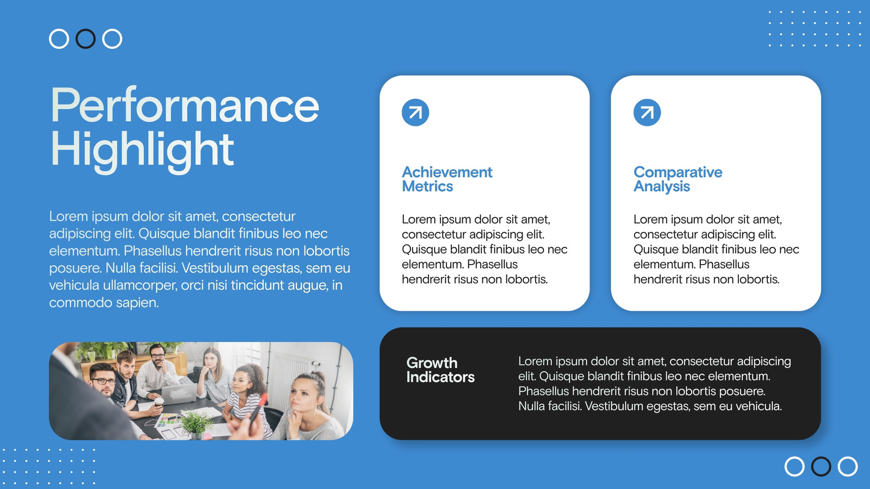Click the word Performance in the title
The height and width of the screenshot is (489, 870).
185,105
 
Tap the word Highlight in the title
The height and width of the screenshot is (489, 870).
142,151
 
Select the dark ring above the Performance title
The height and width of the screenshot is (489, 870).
85,39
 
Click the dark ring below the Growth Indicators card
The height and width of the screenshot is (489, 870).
821,467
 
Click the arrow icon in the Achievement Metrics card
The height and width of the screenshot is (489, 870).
415,112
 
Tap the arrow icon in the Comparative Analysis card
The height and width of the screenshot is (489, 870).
647,112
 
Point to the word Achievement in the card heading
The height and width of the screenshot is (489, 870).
447,172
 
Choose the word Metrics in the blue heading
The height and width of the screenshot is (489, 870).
427,186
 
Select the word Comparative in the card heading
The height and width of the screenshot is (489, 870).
678,172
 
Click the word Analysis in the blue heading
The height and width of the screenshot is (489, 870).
661,187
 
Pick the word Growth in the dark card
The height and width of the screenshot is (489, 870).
432,363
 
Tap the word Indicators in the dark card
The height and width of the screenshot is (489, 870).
440,377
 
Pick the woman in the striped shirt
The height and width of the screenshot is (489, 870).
246,400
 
